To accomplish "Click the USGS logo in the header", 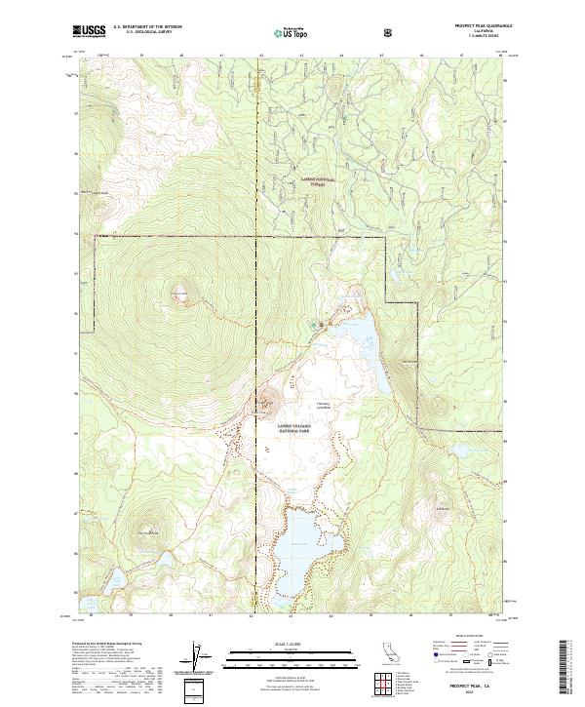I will pyautogui.click(x=89, y=31).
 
